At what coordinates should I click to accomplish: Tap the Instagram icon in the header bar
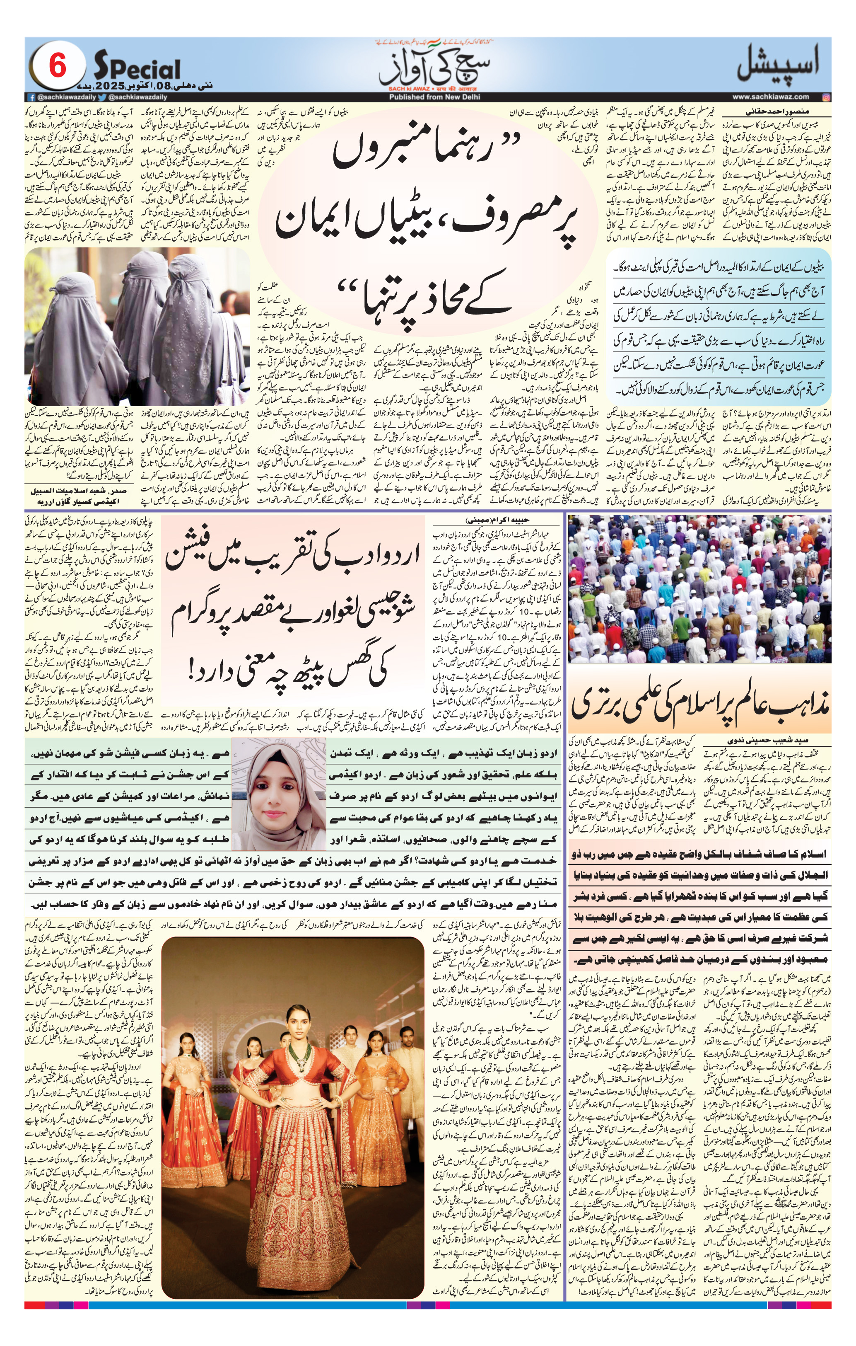point(826,97)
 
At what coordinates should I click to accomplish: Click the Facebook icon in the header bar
point(31,97)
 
